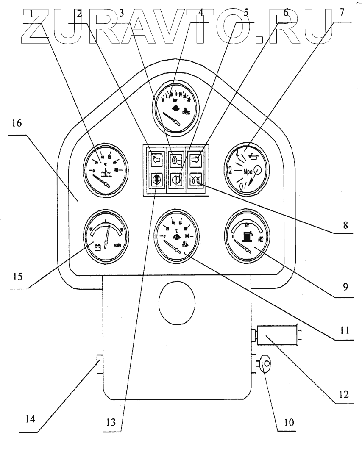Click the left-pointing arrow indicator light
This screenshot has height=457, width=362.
tap(156, 159)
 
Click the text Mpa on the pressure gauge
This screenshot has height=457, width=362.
tap(250, 172)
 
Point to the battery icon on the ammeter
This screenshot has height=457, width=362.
tap(97, 246)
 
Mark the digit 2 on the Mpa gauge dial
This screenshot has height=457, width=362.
tap(230, 170)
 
